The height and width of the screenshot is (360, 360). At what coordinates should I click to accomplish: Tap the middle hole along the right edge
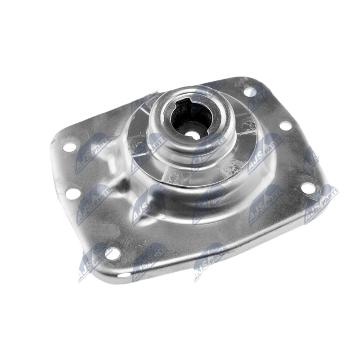[x=286, y=126]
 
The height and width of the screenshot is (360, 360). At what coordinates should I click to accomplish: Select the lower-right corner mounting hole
[x=308, y=188]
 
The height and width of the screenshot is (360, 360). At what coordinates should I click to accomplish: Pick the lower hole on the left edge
[x=73, y=193]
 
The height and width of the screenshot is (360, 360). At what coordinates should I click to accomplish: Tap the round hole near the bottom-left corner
[x=112, y=253]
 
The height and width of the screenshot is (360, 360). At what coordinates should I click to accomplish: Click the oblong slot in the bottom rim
[x=125, y=275]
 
